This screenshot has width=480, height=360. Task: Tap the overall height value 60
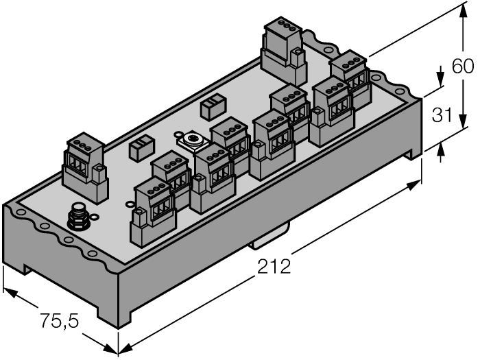(x=462, y=67)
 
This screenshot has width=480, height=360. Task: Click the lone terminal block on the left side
(x=86, y=169)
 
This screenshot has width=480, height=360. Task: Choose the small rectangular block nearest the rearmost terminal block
(x=211, y=106)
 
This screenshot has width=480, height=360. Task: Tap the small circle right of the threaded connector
(x=129, y=203)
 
